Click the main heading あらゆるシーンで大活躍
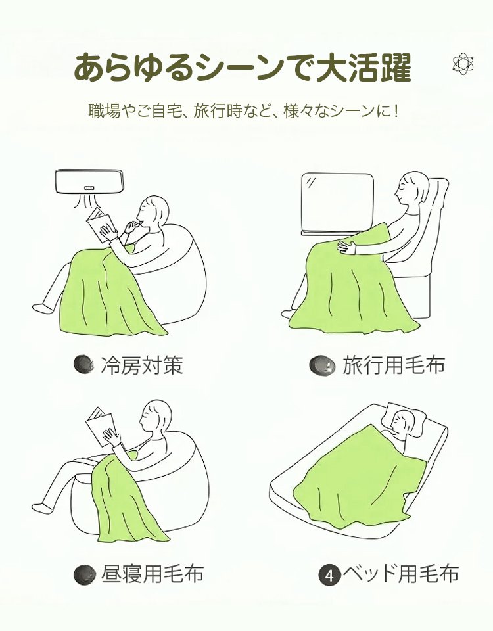click(x=242, y=67)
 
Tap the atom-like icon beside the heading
click(x=463, y=64)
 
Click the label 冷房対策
click(x=141, y=365)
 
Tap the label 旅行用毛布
click(x=392, y=365)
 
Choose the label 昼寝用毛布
click(x=151, y=574)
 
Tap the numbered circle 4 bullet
click(x=329, y=575)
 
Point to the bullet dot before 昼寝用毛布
click(x=83, y=574)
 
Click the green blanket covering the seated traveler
click(x=348, y=283)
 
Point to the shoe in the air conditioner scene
click(x=41, y=308)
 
